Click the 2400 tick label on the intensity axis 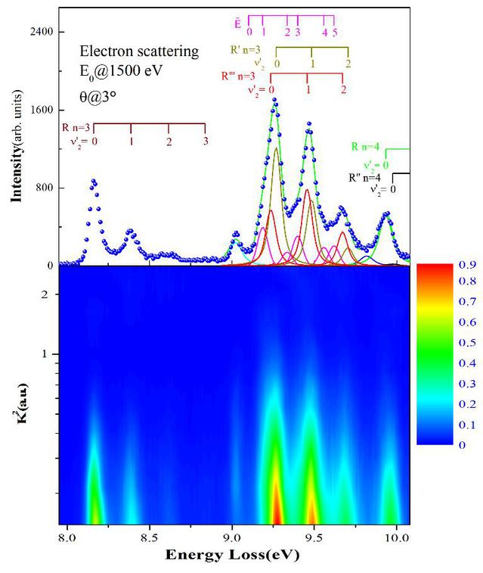[x=41, y=32]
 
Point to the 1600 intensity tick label [x=41, y=110]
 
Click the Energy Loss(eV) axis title [x=233, y=556]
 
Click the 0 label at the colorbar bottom [x=463, y=444]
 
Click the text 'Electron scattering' [x=139, y=51]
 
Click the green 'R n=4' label [x=368, y=147]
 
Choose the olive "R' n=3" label [x=247, y=50]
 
